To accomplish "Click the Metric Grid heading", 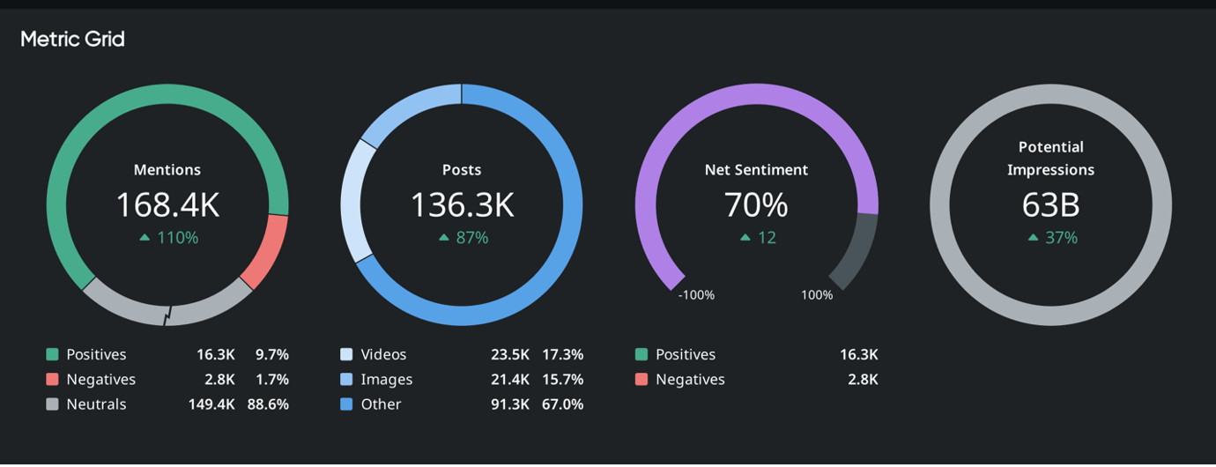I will point(72,40).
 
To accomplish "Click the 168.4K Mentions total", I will point(167,204).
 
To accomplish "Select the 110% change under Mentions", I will point(168,238).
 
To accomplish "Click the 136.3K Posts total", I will point(462,204).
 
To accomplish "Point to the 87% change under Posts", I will point(463,238).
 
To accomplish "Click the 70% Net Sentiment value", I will point(756,204).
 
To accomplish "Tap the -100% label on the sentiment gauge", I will point(696,295).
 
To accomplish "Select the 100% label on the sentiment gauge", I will point(817,295).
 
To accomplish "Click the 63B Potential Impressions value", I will point(1050,204).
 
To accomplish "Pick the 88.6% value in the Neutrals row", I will point(271,404).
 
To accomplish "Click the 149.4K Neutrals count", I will point(211,404).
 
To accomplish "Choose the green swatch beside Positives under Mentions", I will point(52,354).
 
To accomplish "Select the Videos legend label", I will point(383,354).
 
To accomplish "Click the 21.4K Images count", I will point(510,380).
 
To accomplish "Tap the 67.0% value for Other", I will point(562,404).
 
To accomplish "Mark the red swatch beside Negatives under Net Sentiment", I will point(641,380).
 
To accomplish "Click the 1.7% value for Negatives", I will point(271,380).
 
